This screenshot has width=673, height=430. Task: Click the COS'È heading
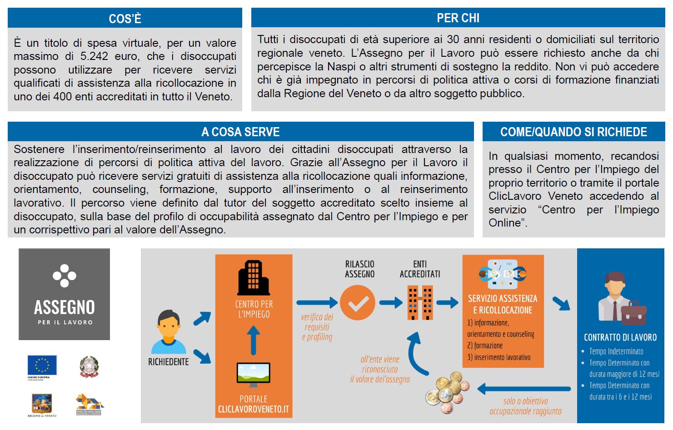(x=125, y=19)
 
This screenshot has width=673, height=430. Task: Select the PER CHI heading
(x=458, y=18)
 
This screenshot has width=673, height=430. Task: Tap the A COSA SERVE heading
(x=240, y=132)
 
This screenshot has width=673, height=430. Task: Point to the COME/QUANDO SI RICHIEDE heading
(x=573, y=132)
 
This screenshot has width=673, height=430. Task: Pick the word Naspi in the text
(x=339, y=66)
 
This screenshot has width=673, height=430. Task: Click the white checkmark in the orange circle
(x=358, y=303)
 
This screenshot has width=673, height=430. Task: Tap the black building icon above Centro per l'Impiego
(x=253, y=277)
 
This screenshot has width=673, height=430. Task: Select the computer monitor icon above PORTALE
(x=253, y=373)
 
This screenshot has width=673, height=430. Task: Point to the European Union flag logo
(x=42, y=365)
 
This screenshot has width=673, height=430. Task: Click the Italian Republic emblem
(x=89, y=366)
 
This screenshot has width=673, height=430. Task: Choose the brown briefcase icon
(x=633, y=313)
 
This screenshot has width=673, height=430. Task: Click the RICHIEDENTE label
(x=168, y=362)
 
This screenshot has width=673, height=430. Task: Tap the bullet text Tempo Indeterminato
(x=616, y=351)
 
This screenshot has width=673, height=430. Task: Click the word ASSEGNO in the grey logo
(x=64, y=307)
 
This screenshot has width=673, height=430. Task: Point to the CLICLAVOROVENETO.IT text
(x=253, y=409)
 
